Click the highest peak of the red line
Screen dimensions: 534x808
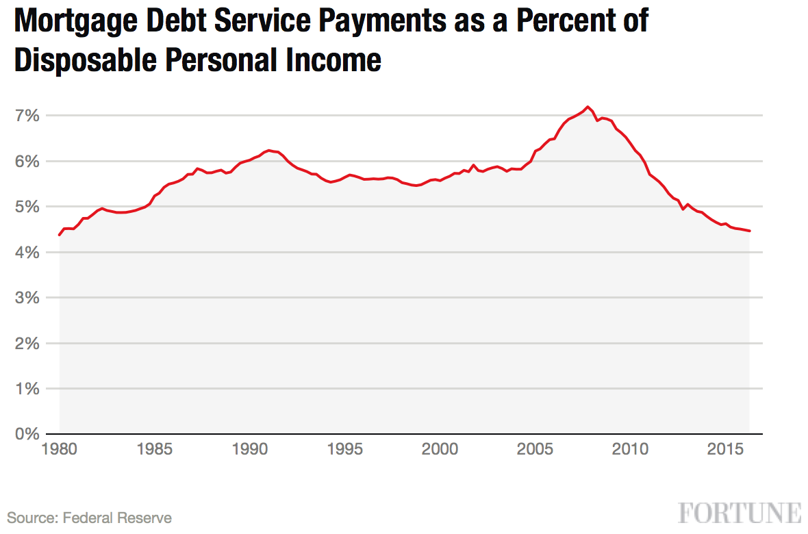[588, 107]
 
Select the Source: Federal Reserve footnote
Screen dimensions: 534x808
[90, 518]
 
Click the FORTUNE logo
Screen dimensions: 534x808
[740, 513]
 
